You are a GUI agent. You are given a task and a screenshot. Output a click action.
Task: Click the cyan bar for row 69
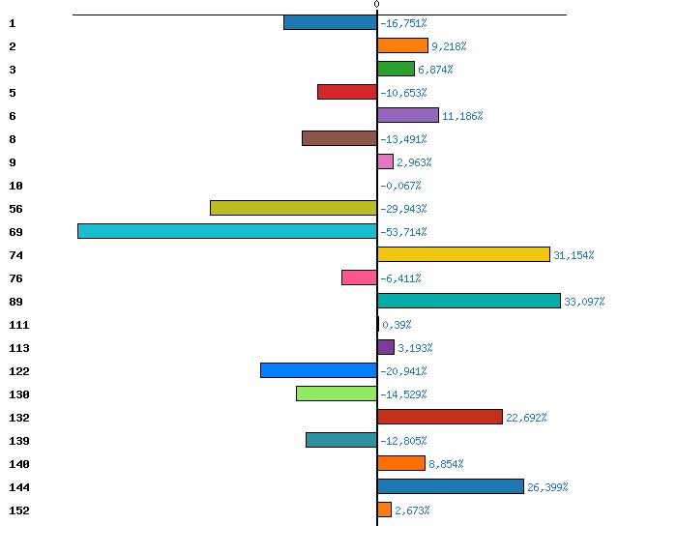click(x=227, y=231)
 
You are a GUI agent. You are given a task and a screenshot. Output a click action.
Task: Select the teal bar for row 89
click(x=469, y=301)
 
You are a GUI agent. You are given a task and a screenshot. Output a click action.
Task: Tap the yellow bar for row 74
click(x=463, y=254)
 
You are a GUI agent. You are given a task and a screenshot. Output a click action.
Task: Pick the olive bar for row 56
click(x=293, y=208)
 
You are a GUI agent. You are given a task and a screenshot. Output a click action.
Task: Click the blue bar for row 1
click(x=330, y=22)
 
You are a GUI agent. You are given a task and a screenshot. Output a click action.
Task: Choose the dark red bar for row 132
click(x=440, y=417)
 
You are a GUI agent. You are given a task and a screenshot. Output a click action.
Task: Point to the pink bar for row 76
click(x=359, y=277)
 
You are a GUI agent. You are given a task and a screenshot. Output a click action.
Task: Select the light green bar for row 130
click(x=337, y=394)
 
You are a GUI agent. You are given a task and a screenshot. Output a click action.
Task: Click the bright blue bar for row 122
click(x=318, y=370)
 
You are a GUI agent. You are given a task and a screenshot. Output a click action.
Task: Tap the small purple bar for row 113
click(x=386, y=347)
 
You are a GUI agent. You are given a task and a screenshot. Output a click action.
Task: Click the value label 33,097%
click(x=584, y=302)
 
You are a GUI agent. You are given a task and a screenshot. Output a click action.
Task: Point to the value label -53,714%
click(x=403, y=232)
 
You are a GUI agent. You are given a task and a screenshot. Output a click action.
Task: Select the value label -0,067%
click(x=400, y=186)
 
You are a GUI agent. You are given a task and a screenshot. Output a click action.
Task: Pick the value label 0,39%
click(x=397, y=325)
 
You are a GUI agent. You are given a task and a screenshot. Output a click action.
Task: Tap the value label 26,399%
click(x=547, y=487)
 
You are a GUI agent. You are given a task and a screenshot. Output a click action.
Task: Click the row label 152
click(x=18, y=510)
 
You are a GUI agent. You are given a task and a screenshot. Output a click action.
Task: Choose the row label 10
click(x=15, y=186)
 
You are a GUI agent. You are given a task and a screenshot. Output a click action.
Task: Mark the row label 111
click(x=18, y=325)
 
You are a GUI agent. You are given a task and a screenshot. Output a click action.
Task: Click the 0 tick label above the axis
click(x=376, y=5)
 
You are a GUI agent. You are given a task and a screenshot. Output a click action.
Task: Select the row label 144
click(x=18, y=487)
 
